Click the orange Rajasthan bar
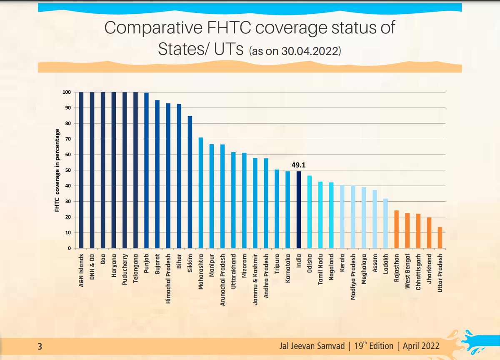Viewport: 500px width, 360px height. (396, 229)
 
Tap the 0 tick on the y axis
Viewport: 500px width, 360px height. (69, 248)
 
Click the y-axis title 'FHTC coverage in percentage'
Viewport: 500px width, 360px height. (57, 170)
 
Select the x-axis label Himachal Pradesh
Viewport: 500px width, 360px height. (168, 278)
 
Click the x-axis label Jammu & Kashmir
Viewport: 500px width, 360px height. (255, 278)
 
